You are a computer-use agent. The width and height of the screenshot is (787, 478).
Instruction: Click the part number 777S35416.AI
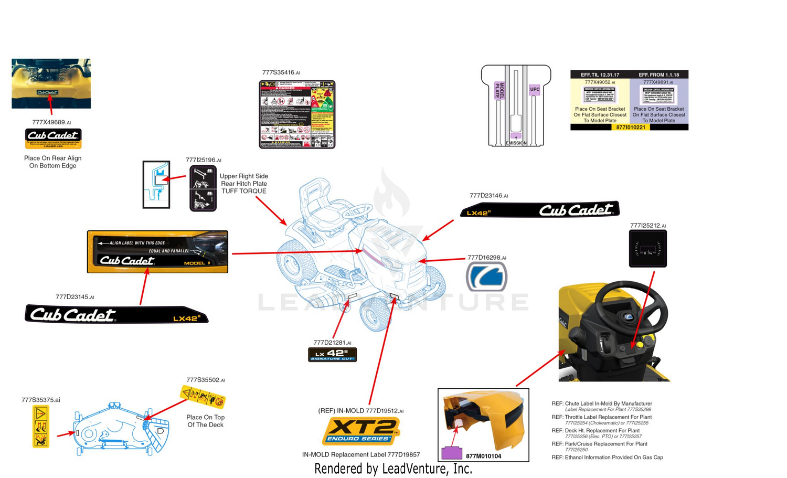tap(281, 72)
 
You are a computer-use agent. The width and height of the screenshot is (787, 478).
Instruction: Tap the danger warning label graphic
tap(297, 114)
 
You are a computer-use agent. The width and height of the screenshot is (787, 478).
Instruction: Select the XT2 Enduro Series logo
tap(360, 431)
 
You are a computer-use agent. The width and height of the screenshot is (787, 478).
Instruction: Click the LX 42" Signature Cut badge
tap(332, 355)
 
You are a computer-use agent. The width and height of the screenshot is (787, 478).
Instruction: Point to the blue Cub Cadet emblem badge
tap(486, 277)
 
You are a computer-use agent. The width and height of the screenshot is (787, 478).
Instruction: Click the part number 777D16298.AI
tap(486, 258)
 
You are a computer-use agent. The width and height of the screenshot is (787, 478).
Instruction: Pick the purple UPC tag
tap(534, 89)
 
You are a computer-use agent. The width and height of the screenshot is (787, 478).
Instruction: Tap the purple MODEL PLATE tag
tap(499, 90)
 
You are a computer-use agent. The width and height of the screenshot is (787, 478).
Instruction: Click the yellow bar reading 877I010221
tap(630, 127)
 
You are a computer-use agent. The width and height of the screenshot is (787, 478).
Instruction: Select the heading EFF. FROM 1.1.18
tap(658, 75)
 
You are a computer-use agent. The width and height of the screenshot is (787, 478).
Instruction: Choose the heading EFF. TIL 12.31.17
tap(600, 75)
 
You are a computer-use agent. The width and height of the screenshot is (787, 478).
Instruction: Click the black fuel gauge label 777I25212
tap(647, 249)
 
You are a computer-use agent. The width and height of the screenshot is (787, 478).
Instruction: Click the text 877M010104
tap(483, 456)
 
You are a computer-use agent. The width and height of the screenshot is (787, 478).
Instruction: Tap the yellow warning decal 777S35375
tap(41, 426)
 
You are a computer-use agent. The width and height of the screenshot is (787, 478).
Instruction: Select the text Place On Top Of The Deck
tap(205, 421)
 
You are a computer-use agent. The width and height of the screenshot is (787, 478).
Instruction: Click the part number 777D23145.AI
tap(75, 297)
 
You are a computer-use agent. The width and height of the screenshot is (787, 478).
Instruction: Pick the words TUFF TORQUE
tap(243, 191)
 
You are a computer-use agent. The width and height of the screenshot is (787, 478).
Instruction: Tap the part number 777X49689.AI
tap(51, 122)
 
